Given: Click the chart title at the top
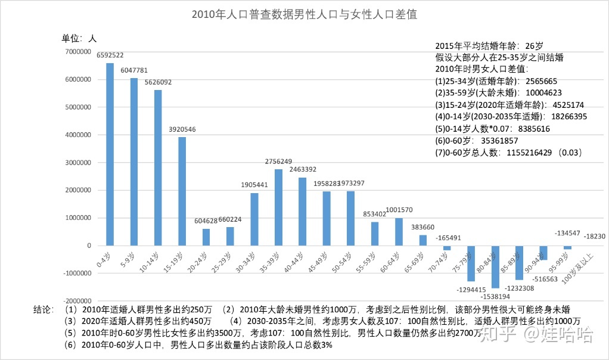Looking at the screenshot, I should click(x=304, y=15).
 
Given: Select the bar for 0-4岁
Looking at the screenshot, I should click(x=110, y=154).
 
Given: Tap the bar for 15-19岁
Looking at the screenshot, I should click(x=182, y=191).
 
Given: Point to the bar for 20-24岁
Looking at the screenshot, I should click(x=206, y=237).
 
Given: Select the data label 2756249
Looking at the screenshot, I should click(x=278, y=162).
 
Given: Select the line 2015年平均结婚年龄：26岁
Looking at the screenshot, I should click(x=489, y=45).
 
